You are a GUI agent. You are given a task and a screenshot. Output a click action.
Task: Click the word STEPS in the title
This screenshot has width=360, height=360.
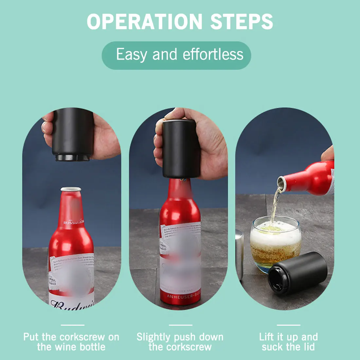coord(242,22)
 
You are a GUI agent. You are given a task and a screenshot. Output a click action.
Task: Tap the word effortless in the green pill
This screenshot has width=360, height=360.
coord(213,54)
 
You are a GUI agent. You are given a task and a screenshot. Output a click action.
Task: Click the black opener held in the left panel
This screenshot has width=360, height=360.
coord(72,136)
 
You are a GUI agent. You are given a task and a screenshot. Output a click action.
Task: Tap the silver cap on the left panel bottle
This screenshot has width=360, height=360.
coord(71,189)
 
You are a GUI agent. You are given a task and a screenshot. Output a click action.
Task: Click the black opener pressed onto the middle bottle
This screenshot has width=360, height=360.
coord(181,149)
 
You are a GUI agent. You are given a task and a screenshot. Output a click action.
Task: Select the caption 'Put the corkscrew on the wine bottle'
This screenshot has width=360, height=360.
coord(71,342)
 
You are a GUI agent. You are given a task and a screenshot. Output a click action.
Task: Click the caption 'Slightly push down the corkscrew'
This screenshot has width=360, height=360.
coord(180,342)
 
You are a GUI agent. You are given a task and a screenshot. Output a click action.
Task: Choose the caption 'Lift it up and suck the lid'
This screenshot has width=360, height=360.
coord(288,342)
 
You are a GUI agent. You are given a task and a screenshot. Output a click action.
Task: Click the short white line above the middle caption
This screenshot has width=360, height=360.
coord(180,325)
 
